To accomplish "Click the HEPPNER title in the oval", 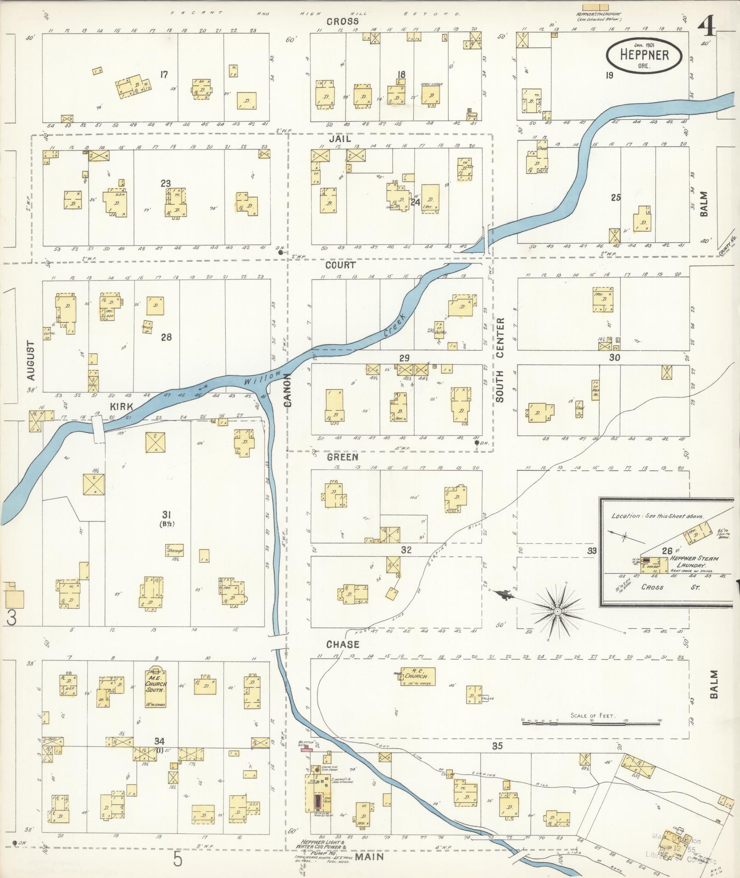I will tap(644, 55).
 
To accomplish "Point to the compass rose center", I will tap(556, 611).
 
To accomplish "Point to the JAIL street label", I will tap(339, 139).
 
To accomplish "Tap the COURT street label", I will tap(340, 265).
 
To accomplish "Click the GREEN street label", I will tap(342, 458).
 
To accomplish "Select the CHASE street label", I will tap(343, 644).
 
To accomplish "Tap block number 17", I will tap(164, 74).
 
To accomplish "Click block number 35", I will tap(497, 746).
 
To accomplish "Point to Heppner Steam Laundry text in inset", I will tap(694, 562).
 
